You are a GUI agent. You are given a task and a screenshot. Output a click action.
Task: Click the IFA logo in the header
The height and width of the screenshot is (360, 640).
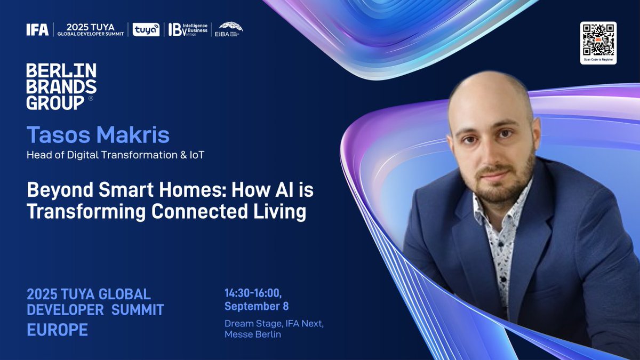37,30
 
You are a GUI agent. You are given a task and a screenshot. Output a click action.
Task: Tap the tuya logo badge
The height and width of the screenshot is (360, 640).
146,30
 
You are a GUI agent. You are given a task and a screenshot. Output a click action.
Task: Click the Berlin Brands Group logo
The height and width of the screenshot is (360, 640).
61,86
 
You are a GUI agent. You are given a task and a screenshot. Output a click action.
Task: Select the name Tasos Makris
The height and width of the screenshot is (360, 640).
98,135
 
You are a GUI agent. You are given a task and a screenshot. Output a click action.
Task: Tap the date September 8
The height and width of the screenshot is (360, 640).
257,306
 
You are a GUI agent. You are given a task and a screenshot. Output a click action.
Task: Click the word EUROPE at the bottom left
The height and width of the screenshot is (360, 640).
57,330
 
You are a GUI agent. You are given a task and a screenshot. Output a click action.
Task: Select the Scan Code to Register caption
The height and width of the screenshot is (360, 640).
598,60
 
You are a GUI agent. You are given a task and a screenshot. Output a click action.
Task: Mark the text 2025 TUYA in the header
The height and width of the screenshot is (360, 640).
90,26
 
